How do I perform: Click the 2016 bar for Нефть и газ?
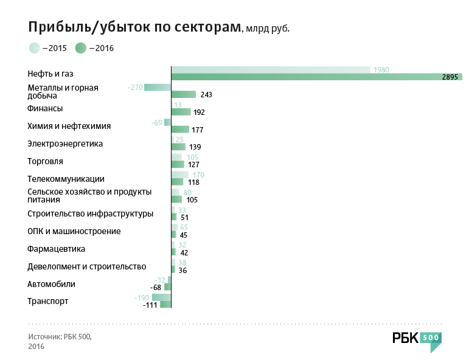pos(316,77)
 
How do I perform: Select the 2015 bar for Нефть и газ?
pos(271,69)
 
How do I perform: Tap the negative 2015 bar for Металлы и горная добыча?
pos(157,88)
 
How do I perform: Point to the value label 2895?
pos(450,77)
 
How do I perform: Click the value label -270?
pos(135,88)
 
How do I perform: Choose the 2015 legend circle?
pos(34,48)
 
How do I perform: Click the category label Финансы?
pos(46,108)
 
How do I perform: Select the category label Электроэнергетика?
pos(65,144)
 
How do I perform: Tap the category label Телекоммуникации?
pos(66,179)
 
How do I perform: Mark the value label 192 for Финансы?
pos(199,112)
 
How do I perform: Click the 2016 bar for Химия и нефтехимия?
pos(179,130)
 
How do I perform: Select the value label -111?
pos(150,305)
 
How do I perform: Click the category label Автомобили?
pos(52,284)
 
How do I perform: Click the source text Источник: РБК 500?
pos(60,336)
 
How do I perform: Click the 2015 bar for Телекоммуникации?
pos(179,175)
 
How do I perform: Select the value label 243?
pos(206,95)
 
